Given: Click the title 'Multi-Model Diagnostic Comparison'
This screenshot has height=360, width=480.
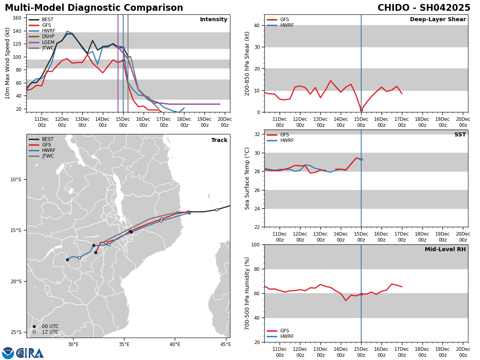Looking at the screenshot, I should tap(94, 8).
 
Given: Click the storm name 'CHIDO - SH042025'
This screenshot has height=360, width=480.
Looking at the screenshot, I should tap(424, 8).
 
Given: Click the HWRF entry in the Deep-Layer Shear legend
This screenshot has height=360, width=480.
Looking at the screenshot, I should tap(287, 25).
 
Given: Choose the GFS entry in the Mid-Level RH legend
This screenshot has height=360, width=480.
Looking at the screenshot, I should tap(284, 331).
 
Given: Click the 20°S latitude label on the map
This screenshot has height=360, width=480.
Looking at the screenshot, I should tap(16, 281).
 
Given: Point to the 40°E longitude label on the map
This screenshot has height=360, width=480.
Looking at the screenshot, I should tap(175, 344).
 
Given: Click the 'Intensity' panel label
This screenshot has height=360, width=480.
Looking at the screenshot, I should tap(214, 20).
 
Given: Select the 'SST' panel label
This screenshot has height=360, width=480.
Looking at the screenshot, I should tap(460, 135).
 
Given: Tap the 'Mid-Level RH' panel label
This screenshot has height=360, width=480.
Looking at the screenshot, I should tap(445, 250).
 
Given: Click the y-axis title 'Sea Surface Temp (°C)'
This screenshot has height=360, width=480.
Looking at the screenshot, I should tap(248, 178).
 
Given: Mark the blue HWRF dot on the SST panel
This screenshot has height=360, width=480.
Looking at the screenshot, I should tap(361, 159).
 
